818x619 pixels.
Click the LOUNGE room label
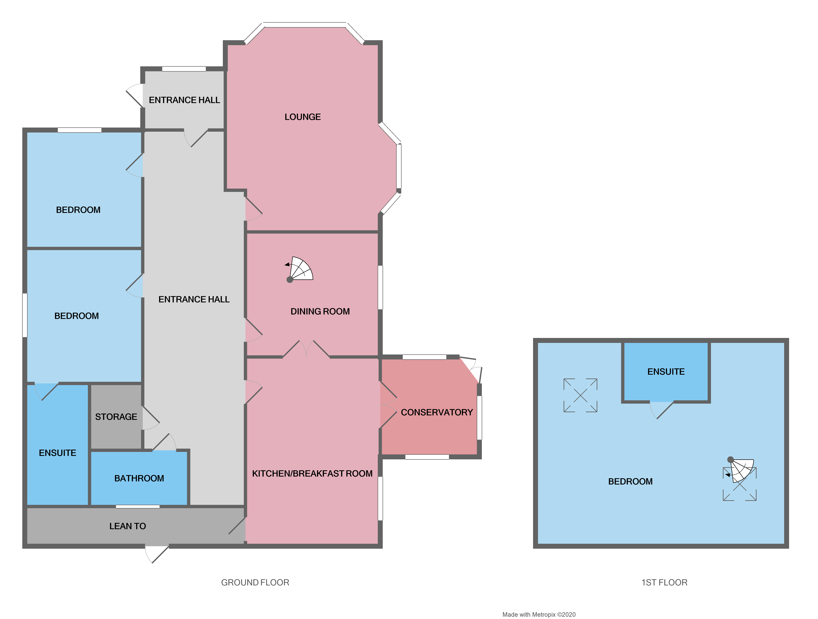tap(302, 117)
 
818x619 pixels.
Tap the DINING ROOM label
tap(320, 311)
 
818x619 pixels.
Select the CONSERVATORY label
tap(437, 412)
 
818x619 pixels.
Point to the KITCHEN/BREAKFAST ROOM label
tap(312, 473)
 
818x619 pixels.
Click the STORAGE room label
tap(116, 417)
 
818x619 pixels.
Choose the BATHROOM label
tap(139, 478)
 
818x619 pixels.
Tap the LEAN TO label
tap(128, 526)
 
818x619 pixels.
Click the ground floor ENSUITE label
tap(58, 453)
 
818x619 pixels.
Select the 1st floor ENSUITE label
tap(666, 372)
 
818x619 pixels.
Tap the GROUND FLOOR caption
tap(255, 582)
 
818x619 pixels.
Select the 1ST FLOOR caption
tap(664, 582)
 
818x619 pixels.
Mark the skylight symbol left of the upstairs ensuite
tap(580, 395)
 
